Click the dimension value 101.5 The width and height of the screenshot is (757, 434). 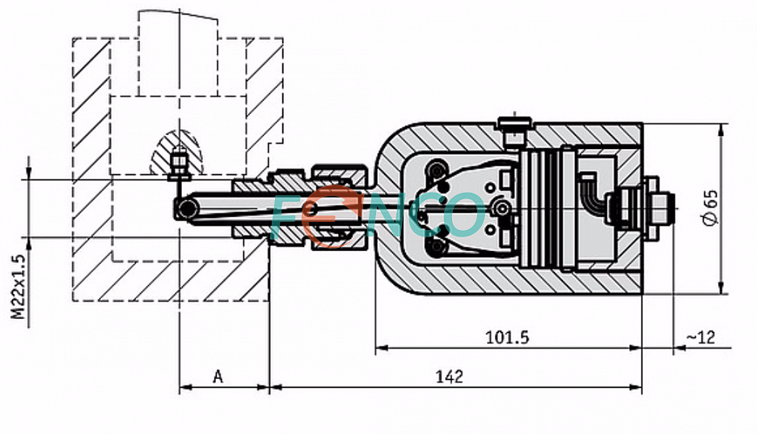click(x=507, y=337)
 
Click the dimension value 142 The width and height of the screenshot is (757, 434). click(x=449, y=377)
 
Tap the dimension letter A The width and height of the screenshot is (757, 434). click(x=218, y=377)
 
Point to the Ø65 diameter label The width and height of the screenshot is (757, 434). click(x=710, y=206)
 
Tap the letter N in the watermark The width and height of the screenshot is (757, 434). click(x=387, y=215)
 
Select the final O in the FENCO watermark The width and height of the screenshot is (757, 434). click(x=463, y=215)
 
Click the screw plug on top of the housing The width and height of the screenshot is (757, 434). click(x=514, y=130)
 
